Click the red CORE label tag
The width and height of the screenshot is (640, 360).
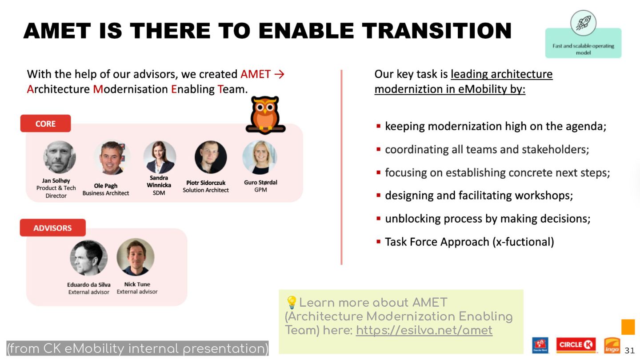45,124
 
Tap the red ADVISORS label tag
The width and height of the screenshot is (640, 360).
52,228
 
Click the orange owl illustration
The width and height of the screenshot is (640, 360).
265,115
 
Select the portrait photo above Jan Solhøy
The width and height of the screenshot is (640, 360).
60,157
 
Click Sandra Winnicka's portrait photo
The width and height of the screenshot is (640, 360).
160,157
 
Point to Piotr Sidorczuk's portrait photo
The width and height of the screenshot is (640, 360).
211,157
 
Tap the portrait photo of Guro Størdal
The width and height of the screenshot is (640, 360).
260,157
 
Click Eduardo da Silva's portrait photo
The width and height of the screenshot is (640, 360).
89,258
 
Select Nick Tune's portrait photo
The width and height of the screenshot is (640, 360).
136,257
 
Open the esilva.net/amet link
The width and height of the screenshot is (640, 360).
424,330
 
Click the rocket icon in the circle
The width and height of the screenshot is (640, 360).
583,23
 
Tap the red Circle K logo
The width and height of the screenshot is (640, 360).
576,345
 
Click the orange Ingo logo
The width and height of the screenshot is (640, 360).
612,345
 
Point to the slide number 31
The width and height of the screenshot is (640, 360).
629,350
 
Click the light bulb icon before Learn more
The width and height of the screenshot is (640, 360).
292,303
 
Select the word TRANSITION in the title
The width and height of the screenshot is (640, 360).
436,31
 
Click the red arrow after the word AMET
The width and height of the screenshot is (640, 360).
280,74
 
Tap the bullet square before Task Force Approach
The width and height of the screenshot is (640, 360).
379,242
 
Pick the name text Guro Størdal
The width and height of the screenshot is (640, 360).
260,182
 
